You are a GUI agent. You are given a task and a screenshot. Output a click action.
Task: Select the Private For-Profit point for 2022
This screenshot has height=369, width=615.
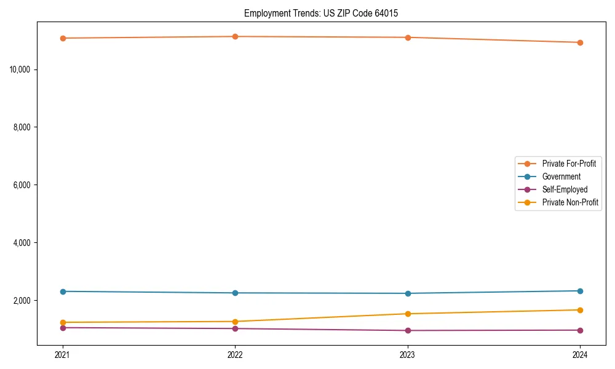click(x=235, y=36)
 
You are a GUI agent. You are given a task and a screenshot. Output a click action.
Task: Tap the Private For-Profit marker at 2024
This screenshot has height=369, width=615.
click(x=580, y=42)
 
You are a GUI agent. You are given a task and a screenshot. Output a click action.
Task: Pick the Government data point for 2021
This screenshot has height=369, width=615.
click(x=63, y=292)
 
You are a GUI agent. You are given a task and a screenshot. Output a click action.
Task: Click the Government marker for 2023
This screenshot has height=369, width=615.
click(x=408, y=293)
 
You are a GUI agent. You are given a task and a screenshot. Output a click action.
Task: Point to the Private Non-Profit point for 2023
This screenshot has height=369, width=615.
click(x=408, y=314)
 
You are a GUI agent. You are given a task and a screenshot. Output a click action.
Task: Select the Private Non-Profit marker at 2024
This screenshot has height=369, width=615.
click(x=580, y=310)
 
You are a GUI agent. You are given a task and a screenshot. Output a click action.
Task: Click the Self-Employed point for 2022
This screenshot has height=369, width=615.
click(x=235, y=328)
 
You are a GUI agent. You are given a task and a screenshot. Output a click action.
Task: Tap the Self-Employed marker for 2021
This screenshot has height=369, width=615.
click(x=63, y=328)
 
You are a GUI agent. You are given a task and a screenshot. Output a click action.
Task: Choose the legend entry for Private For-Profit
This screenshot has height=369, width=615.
click(x=569, y=164)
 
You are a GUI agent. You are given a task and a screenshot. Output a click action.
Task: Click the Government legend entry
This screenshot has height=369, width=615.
click(x=561, y=177)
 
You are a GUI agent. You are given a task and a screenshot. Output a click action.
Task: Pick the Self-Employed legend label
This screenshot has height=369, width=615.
click(x=565, y=189)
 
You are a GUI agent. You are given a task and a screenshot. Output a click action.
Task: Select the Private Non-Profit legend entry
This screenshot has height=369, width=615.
click(x=570, y=202)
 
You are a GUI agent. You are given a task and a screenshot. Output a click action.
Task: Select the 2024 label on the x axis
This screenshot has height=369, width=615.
click(x=580, y=354)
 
